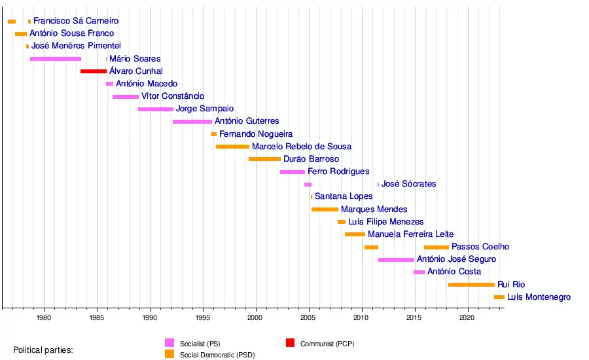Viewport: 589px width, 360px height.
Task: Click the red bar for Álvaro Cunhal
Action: point(94,71)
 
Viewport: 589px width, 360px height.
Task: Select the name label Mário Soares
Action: point(135,59)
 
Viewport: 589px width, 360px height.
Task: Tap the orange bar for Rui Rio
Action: point(471,285)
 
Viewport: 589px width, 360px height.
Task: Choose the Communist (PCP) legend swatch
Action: point(290,343)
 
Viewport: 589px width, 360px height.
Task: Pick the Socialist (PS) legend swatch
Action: point(170,343)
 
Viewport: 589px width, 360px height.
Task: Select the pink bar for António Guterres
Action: point(192,122)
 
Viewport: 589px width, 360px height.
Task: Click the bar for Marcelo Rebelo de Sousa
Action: point(232,147)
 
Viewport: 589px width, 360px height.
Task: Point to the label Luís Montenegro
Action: point(539,297)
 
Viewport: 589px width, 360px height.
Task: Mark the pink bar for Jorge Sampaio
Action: point(156,109)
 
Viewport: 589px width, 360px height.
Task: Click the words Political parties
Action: point(43,350)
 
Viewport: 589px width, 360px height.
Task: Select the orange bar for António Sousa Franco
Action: point(21,34)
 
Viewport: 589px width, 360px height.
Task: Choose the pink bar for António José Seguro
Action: point(396,260)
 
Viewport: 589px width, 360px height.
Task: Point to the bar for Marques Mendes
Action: point(325,209)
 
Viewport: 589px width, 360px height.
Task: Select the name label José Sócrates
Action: point(408,184)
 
